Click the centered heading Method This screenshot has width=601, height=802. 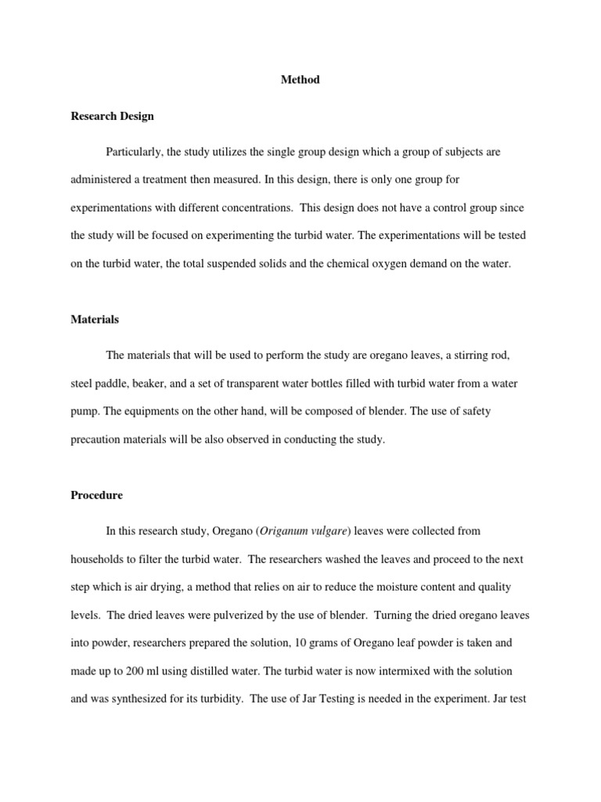pos(300,80)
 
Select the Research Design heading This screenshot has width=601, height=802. pos(112,116)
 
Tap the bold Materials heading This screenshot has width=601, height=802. pos(94,320)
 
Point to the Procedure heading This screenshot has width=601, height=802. pos(96,495)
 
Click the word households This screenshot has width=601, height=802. pos(99,559)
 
